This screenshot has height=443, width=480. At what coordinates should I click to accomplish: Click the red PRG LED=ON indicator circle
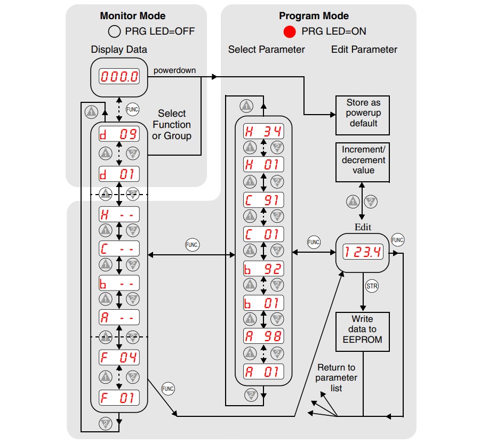point(289,31)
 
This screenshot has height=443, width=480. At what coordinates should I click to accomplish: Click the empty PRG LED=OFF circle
point(114,31)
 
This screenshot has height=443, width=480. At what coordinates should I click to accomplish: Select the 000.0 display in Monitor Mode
point(119,76)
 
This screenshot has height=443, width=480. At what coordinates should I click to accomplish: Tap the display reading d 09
point(119,134)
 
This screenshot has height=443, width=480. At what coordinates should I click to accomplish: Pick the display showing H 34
point(263,131)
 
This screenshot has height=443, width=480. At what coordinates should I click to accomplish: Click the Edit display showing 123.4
point(363,252)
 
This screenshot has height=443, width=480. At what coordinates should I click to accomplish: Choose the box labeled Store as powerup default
point(363,115)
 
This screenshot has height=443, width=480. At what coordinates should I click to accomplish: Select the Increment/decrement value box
point(363,162)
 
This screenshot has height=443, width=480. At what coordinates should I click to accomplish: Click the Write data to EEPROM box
point(363,332)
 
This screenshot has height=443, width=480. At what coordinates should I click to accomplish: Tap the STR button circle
point(372,286)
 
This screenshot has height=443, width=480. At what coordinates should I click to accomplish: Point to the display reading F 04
point(119,357)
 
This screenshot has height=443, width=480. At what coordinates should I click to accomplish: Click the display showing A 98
point(263,336)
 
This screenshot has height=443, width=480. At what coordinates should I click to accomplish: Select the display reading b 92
point(263,269)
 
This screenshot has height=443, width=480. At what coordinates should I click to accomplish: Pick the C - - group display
point(119,248)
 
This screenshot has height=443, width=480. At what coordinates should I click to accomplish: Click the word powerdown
point(174,70)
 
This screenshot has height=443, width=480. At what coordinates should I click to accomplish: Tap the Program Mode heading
point(314,16)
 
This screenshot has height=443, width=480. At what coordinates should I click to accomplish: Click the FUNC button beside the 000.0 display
point(133,109)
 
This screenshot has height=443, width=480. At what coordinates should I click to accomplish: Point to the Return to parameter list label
point(336,377)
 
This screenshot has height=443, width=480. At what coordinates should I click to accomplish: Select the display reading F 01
point(119,398)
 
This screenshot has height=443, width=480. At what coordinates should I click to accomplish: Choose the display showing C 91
point(263,200)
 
